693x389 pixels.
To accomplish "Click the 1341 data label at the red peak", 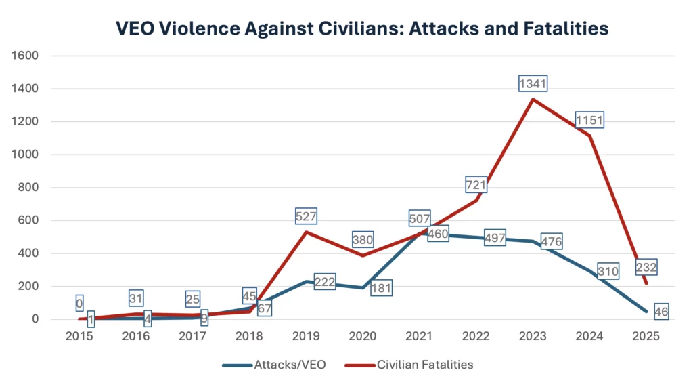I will click(x=533, y=84).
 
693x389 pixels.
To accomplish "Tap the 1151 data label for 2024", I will click(x=589, y=121).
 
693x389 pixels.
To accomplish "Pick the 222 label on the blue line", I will click(x=325, y=282).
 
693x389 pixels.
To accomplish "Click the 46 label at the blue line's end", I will click(x=661, y=312).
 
